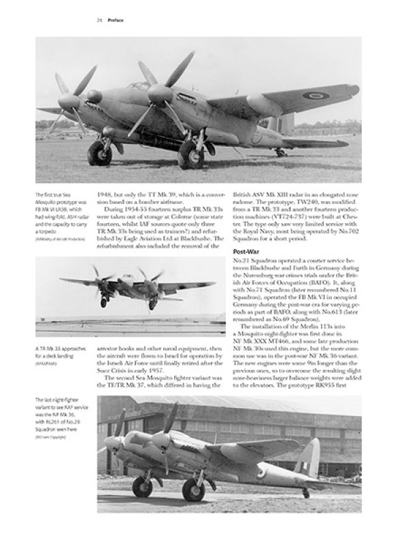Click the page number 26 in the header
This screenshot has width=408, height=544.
click(x=99, y=20)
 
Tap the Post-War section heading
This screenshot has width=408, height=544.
click(x=249, y=251)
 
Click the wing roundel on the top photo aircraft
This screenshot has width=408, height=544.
click(x=315, y=95)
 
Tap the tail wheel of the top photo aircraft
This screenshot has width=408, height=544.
click(x=281, y=152)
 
